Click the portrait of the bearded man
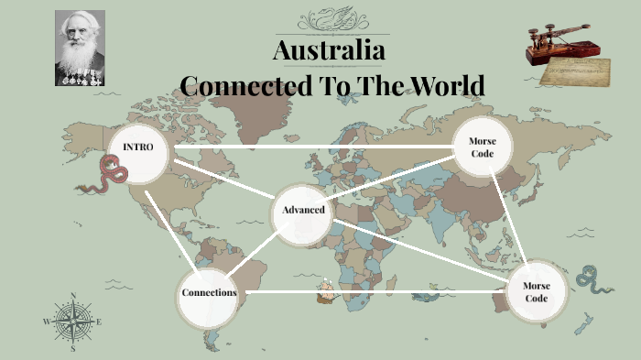[80, 48]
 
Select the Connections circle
[209, 293]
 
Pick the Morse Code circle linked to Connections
[536, 292]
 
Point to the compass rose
[72, 322]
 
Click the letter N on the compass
[72, 296]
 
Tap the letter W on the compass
[47, 322]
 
